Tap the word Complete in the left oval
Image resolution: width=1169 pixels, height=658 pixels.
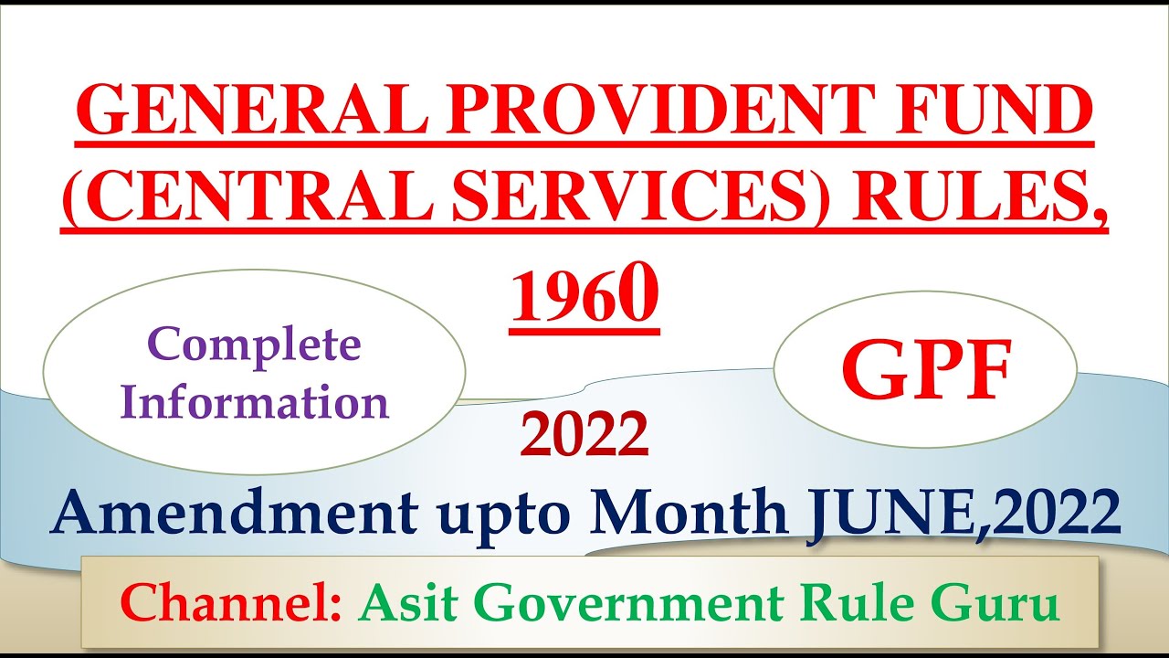pos(254,345)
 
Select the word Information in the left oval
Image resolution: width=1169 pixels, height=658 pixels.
pos(254,402)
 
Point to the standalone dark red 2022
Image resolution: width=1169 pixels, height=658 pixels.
pos(584,435)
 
